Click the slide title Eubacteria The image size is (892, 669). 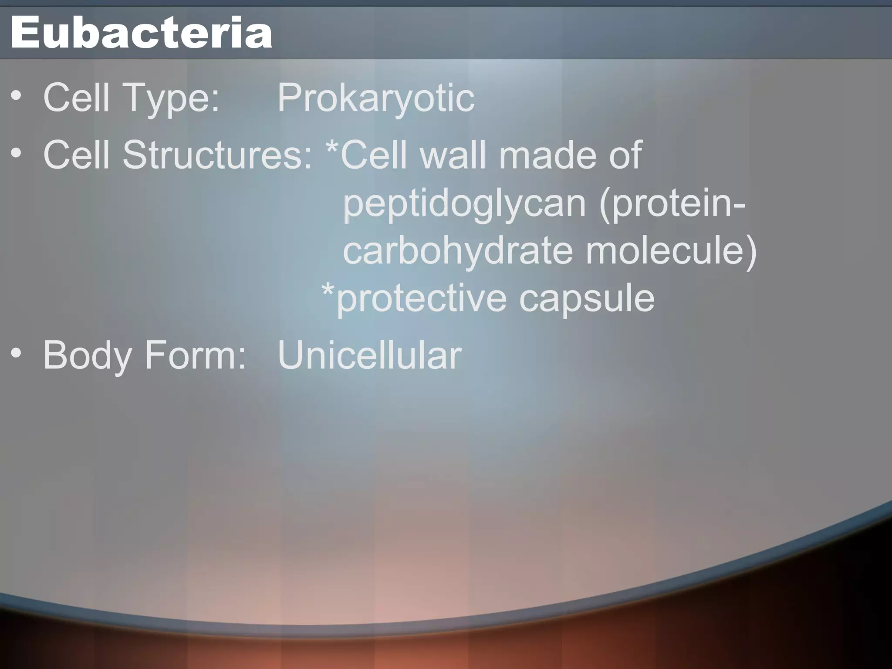click(142, 33)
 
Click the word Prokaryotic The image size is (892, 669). click(375, 98)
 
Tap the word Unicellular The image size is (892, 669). click(369, 355)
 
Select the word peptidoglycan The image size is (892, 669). click(464, 205)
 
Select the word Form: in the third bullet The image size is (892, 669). click(195, 355)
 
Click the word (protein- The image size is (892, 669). click(672, 205)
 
